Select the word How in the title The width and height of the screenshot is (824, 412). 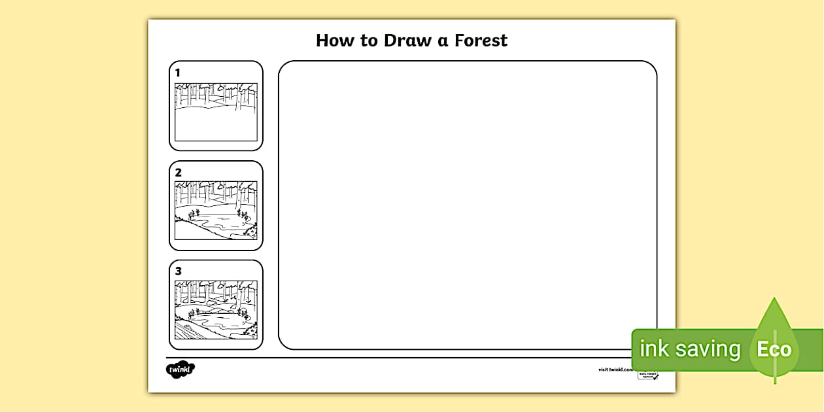[x=337, y=41]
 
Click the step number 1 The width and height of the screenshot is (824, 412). [x=177, y=73]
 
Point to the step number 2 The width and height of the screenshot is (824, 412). [x=178, y=173]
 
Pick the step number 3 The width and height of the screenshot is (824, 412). [x=178, y=271]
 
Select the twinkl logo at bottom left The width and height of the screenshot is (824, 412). [x=180, y=369]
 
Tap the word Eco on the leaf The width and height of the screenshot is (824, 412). [x=774, y=349]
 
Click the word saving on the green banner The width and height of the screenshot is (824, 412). [x=708, y=349]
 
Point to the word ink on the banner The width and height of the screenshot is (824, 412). [x=654, y=349]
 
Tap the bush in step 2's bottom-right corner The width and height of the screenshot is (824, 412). [x=250, y=232]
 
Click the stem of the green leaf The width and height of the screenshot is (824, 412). [x=775, y=375]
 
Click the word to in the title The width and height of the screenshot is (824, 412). [x=369, y=41]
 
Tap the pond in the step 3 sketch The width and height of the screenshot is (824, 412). [x=219, y=319]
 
